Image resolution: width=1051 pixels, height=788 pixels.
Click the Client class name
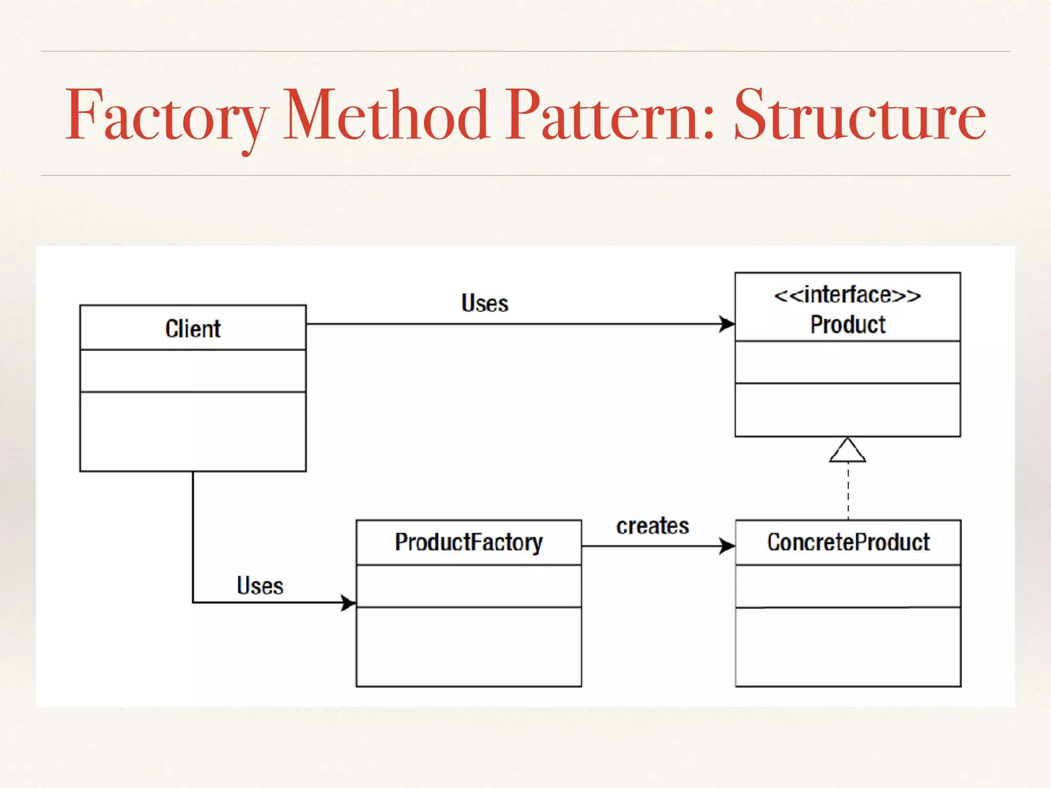pyautogui.click(x=193, y=329)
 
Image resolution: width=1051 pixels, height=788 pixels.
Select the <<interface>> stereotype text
pyautogui.click(x=847, y=295)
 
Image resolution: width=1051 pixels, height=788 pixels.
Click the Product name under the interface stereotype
pyautogui.click(x=848, y=325)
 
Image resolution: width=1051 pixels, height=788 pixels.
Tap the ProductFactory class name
pyautogui.click(x=469, y=542)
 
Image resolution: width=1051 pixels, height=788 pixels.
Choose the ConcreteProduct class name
pyautogui.click(x=848, y=542)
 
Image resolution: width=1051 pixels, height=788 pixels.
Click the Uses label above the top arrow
pyautogui.click(x=484, y=303)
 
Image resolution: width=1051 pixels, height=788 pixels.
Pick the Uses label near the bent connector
pyautogui.click(x=260, y=586)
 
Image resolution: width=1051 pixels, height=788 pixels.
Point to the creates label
pyautogui.click(x=652, y=526)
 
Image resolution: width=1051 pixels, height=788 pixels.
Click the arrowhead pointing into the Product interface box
pyautogui.click(x=727, y=324)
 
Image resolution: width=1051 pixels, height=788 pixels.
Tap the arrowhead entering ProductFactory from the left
pyautogui.click(x=348, y=603)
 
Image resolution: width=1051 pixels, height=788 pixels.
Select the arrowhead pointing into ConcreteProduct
pyautogui.click(x=727, y=546)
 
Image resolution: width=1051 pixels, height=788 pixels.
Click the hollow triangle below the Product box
pyautogui.click(x=848, y=451)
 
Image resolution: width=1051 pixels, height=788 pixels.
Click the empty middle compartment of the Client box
pyautogui.click(x=193, y=371)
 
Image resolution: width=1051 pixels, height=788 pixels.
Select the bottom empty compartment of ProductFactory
pyautogui.click(x=469, y=646)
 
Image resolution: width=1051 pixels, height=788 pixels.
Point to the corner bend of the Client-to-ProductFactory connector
pyautogui.click(x=193, y=602)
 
